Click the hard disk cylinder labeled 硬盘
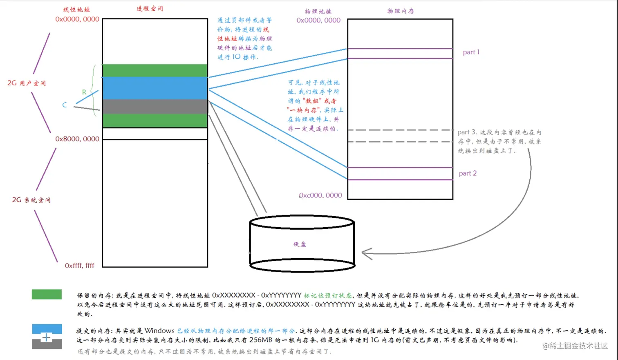[x=302, y=244]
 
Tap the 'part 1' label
[x=471, y=52]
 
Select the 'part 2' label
[x=468, y=173]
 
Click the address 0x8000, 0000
[x=77, y=139]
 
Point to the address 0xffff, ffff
[x=79, y=266]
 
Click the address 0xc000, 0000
[x=320, y=195]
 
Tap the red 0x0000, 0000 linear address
[x=77, y=19]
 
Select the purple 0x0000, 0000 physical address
[x=318, y=20]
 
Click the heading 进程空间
[x=150, y=9]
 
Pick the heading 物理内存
[x=401, y=11]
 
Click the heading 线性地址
[x=76, y=9]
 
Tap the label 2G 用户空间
[x=27, y=83]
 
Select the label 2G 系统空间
[x=31, y=200]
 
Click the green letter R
[x=84, y=92]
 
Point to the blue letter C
[x=65, y=105]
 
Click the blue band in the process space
[x=155, y=88]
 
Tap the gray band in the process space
[x=155, y=106]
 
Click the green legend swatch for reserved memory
[x=47, y=294]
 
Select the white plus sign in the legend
[x=47, y=338]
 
